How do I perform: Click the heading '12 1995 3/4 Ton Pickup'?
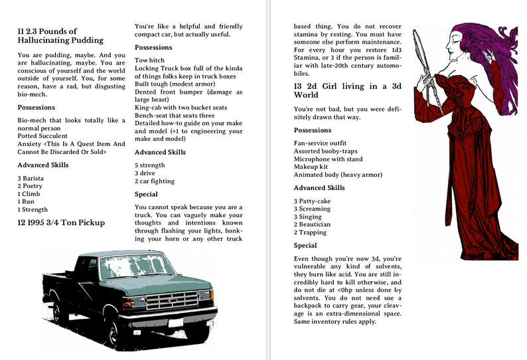tap(61, 223)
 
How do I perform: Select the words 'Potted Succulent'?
tap(44, 135)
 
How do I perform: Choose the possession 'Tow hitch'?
tap(149, 60)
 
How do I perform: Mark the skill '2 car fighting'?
tap(155, 181)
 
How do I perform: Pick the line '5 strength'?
tap(150, 165)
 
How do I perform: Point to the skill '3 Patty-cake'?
tap(315, 201)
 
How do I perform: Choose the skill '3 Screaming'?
tap(312, 209)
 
